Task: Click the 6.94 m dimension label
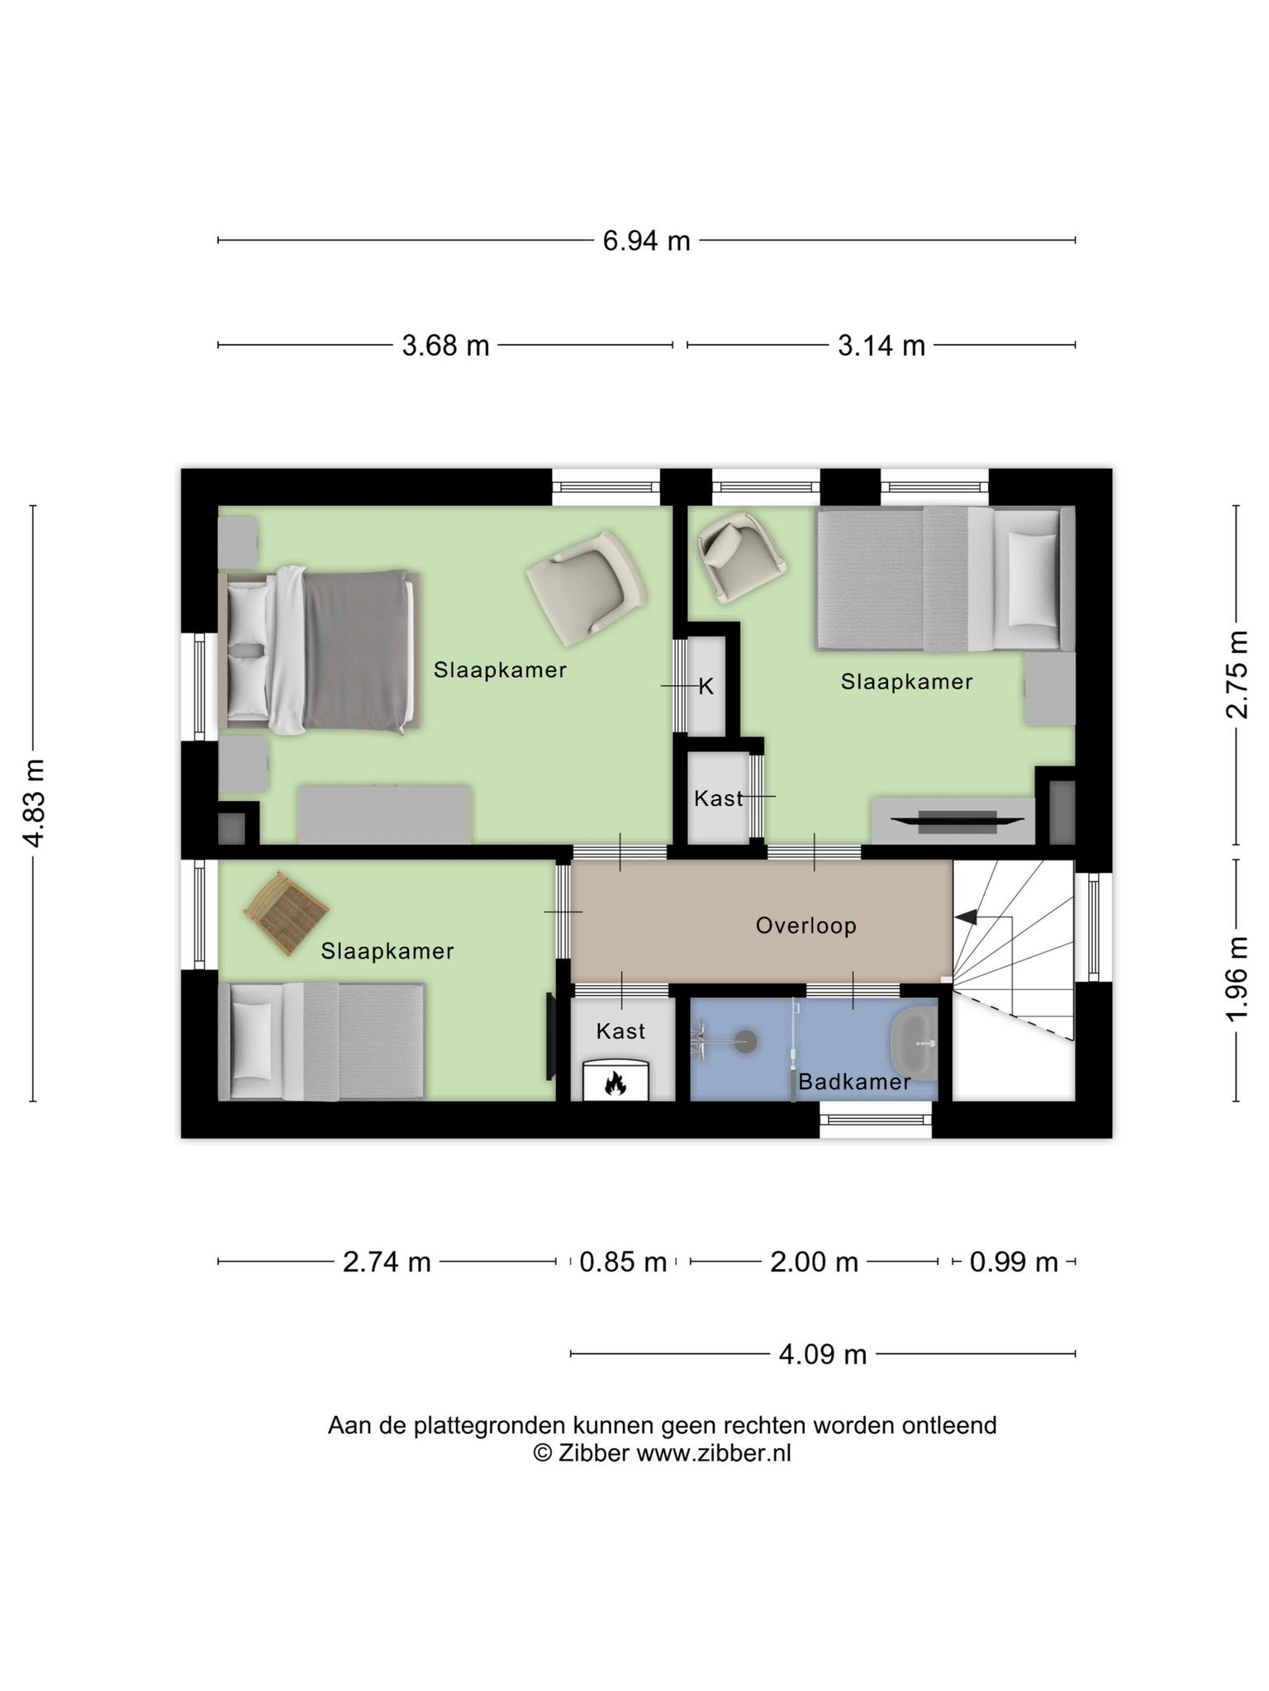(x=646, y=241)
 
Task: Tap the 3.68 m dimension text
(x=445, y=346)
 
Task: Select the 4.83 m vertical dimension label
(x=34, y=803)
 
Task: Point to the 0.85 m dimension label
(x=623, y=1262)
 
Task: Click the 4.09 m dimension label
(x=823, y=1355)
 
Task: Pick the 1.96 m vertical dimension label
(x=1237, y=978)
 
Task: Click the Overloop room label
(x=806, y=926)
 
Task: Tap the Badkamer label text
(x=854, y=1082)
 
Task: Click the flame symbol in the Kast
(x=615, y=1082)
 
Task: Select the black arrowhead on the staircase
(x=965, y=917)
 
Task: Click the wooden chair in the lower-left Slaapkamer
(x=287, y=913)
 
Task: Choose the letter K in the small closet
(x=706, y=686)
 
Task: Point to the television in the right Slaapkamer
(x=958, y=819)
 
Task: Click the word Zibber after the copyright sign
(x=593, y=1453)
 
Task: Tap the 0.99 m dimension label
(x=1014, y=1262)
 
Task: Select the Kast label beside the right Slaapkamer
(x=718, y=798)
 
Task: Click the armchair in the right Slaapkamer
(x=741, y=555)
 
